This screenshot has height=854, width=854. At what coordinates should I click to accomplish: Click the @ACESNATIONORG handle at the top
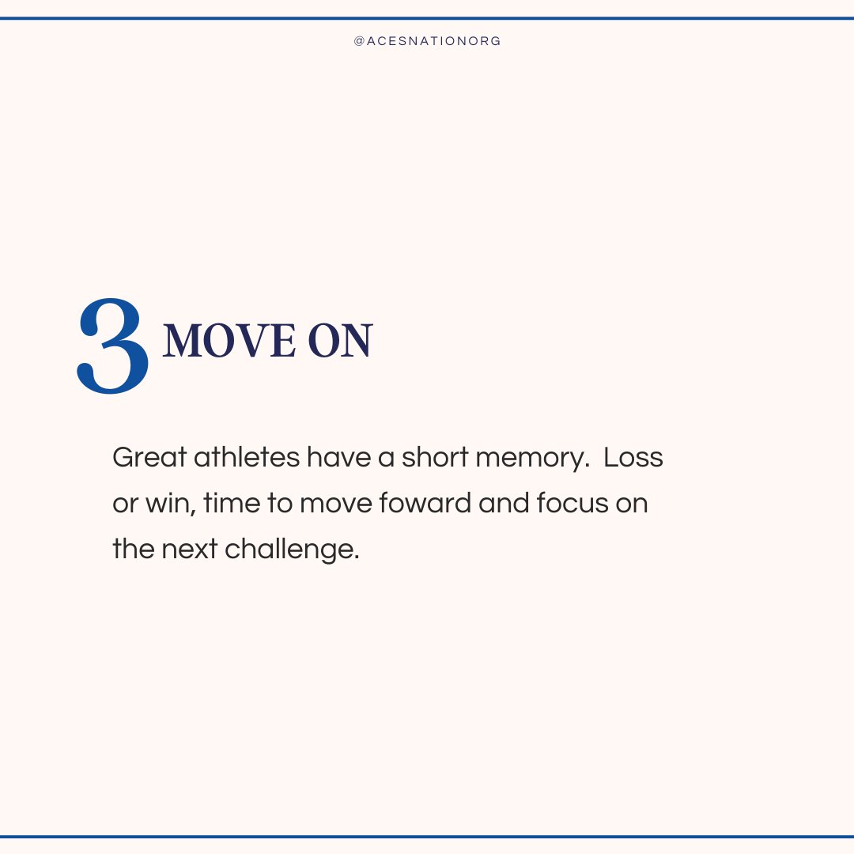coord(427,41)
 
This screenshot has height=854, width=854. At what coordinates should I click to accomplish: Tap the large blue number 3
coord(113,346)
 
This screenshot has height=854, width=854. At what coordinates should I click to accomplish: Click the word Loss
coord(633,459)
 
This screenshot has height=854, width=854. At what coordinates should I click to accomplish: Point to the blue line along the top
coord(427,18)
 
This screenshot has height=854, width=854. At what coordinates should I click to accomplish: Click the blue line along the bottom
coord(427,837)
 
